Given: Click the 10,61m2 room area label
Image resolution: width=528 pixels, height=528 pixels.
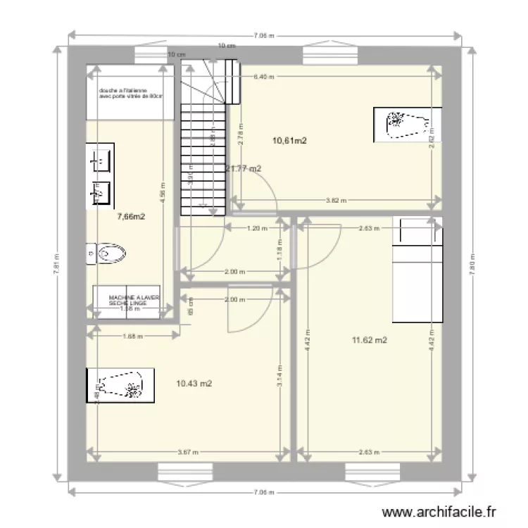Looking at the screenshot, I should click(x=289, y=141).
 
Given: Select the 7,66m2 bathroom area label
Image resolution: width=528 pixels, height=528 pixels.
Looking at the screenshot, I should click(x=131, y=217).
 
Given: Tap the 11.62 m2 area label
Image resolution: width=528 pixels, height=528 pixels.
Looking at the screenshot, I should click(x=370, y=341).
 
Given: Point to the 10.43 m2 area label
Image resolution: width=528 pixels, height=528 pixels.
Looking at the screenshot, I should click(x=194, y=384).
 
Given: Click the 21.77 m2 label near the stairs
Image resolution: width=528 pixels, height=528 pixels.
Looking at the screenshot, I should click(x=244, y=168).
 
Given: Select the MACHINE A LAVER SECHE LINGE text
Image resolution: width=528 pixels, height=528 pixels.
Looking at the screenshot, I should click(x=134, y=301).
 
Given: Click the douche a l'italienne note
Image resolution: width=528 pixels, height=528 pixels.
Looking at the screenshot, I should click(x=131, y=93).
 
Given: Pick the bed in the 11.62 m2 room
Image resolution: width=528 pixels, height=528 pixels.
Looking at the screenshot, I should click(x=417, y=270).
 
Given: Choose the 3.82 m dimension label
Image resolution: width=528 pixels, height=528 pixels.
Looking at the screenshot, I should click(x=337, y=201).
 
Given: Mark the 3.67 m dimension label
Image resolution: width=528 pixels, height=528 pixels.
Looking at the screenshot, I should click(x=189, y=452).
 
